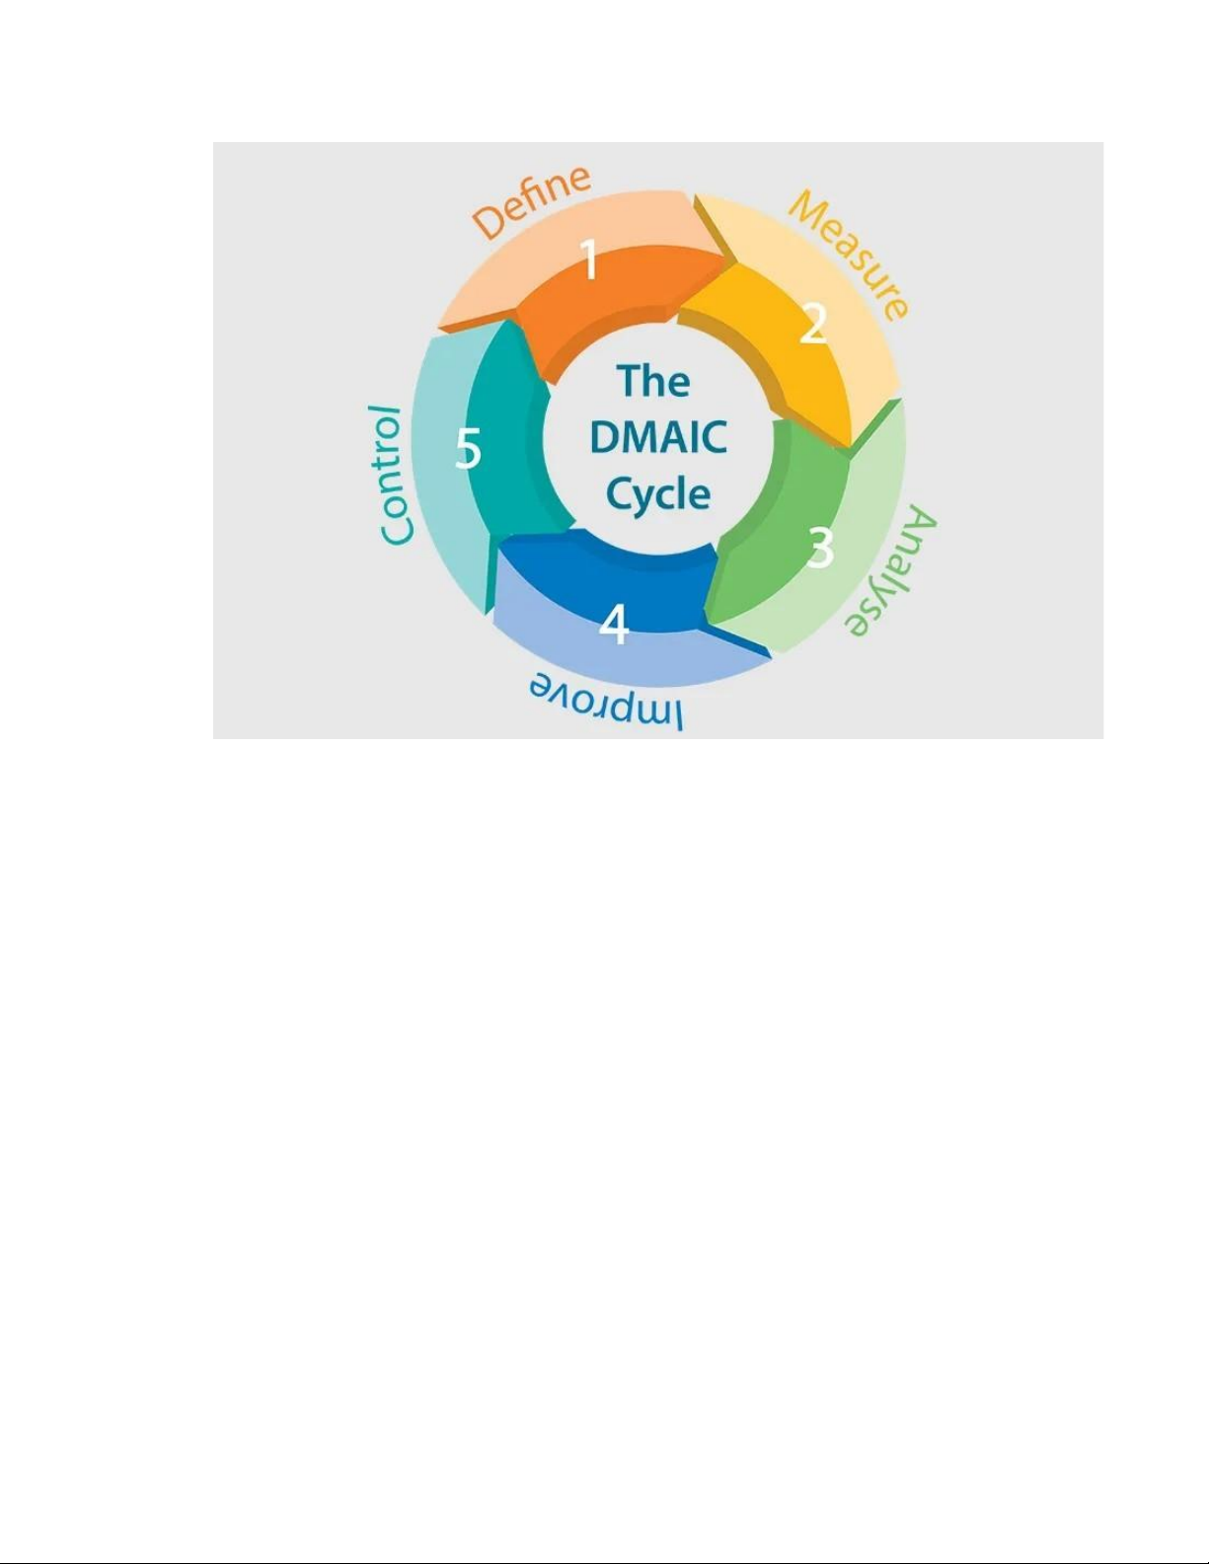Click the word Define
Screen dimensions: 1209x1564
click(532, 201)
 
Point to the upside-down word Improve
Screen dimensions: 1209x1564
click(607, 701)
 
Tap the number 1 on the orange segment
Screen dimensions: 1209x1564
click(589, 260)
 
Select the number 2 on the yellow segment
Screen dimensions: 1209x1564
click(813, 324)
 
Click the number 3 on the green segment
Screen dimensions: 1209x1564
click(820, 548)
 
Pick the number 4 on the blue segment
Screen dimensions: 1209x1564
click(614, 624)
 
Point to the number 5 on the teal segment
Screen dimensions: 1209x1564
click(468, 448)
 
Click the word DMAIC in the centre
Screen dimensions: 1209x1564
click(658, 437)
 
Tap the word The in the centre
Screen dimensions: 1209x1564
click(653, 381)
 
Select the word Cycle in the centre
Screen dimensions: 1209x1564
click(658, 495)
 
